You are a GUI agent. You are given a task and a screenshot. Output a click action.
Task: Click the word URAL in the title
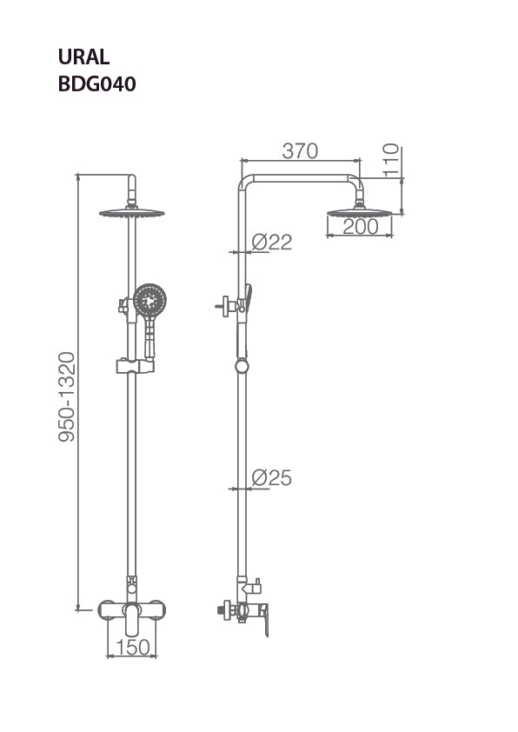(83, 58)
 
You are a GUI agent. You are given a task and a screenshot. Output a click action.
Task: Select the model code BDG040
(96, 84)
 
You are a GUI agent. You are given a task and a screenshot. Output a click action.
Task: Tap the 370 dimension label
(300, 150)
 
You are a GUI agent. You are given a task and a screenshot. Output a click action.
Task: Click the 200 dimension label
(360, 226)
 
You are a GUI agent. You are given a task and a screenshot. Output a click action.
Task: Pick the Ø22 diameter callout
(271, 243)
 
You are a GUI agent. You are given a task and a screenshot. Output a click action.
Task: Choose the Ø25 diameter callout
(271, 477)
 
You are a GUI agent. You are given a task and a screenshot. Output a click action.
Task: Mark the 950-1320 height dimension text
(67, 396)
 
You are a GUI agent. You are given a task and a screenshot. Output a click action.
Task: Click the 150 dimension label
(132, 648)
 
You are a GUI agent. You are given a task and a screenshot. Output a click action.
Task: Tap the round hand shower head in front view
(149, 301)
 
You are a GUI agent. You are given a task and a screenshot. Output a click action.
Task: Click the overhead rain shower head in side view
(360, 211)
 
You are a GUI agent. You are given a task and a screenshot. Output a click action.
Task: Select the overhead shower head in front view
(131, 212)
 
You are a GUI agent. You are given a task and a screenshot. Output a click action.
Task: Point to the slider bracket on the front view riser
(131, 365)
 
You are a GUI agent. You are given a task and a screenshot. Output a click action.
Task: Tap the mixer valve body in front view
(131, 610)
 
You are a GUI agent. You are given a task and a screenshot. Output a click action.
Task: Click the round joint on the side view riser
(242, 367)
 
